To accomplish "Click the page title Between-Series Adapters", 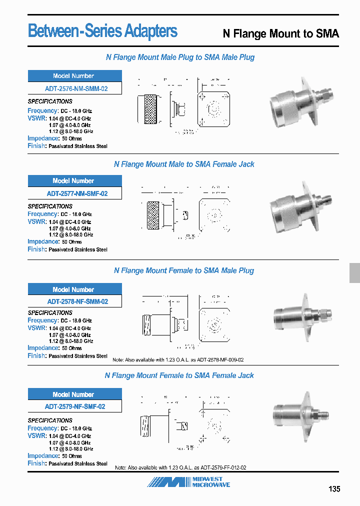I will pyautogui.click(x=102, y=31).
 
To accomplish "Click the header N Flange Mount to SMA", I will pyautogui.click(x=280, y=34).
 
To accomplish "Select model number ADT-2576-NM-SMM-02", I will pyautogui.click(x=75, y=89).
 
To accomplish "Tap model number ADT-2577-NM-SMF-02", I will pyautogui.click(x=75, y=193).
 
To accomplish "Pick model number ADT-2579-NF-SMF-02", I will pyautogui.click(x=75, y=406).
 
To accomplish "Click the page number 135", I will pyautogui.click(x=334, y=489).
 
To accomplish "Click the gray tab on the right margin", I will pyautogui.click(x=354, y=273).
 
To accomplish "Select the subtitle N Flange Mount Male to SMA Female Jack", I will pyautogui.click(x=184, y=164).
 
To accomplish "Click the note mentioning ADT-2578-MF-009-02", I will pyautogui.click(x=178, y=360).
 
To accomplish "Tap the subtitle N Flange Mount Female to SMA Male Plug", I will pyautogui.click(x=183, y=271).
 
